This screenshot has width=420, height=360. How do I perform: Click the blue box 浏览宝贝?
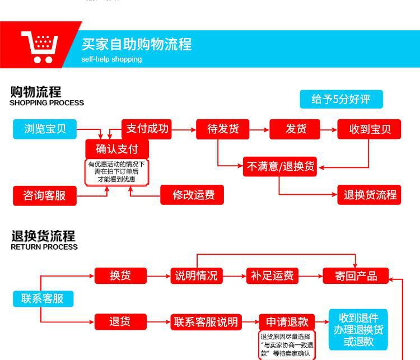45,129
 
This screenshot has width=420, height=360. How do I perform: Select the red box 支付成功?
147,129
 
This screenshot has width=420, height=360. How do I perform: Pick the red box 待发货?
223,129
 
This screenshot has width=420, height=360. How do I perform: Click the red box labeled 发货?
296,129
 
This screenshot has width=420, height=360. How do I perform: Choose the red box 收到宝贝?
370,129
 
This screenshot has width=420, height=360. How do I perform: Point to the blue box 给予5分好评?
341,99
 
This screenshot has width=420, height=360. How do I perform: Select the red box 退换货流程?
370,195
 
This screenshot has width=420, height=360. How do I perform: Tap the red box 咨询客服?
44,195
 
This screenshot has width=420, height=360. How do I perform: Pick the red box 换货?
120,275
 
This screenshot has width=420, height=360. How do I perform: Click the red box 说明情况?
196,275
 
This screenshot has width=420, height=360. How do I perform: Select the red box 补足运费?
272,275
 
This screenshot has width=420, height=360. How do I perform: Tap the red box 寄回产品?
356,275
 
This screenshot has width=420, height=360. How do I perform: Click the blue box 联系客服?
43,298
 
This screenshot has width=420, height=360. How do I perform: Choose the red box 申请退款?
287,322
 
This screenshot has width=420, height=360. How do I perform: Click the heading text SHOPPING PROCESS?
46,103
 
